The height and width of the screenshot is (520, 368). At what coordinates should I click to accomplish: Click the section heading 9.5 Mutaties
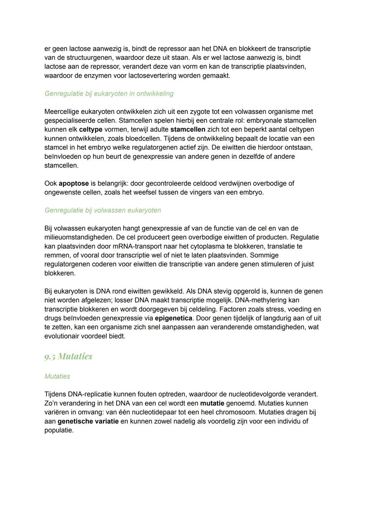pyautogui.click(x=68, y=356)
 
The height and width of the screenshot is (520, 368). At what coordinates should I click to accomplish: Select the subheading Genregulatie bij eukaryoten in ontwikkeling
pyautogui.click(x=109, y=93)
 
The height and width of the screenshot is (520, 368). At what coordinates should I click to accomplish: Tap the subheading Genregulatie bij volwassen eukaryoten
pyautogui.click(x=103, y=210)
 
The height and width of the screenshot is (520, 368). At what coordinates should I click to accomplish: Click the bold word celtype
pyautogui.click(x=91, y=130)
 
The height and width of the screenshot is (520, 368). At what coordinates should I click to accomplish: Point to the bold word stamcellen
pyautogui.click(x=187, y=130)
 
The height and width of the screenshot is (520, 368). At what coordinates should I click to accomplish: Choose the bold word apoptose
pyautogui.click(x=74, y=183)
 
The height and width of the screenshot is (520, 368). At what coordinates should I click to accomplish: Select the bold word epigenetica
pyautogui.click(x=173, y=318)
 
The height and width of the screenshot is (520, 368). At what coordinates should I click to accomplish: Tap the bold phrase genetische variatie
pyautogui.click(x=88, y=421)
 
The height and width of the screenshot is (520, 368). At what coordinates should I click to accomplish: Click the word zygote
pyautogui.click(x=202, y=112)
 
